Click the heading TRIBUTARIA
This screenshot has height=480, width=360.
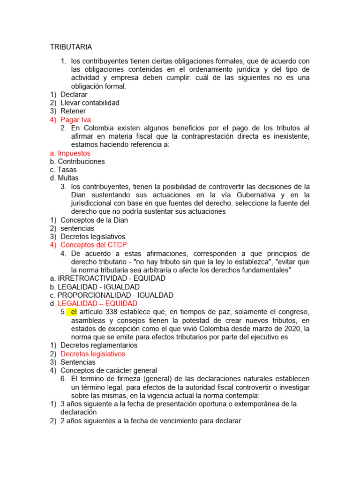(71, 47)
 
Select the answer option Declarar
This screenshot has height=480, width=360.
(74, 94)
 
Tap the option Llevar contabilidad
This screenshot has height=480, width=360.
(90, 103)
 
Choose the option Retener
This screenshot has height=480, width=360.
(73, 111)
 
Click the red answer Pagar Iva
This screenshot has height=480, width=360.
(76, 120)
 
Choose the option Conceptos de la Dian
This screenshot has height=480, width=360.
(94, 220)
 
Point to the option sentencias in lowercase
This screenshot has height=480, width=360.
(77, 228)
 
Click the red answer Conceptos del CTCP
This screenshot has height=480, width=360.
(94, 245)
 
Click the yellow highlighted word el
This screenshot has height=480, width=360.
(74, 312)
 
